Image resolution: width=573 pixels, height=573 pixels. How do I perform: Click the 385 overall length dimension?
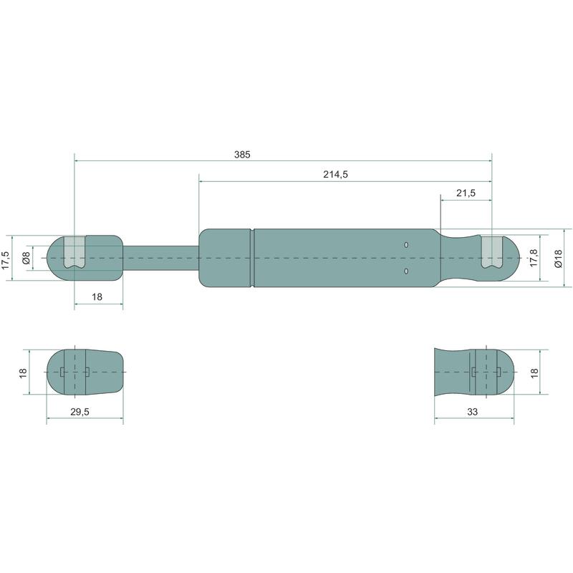coord(242,155)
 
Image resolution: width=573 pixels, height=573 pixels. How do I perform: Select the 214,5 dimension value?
coord(335,175)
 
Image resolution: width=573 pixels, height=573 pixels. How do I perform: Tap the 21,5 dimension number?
coord(466,193)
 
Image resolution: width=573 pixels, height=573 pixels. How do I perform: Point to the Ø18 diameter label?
coord(558,259)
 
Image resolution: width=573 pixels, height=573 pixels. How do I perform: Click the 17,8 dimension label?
coord(534,258)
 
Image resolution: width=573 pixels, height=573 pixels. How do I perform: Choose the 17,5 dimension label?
coord(6,260)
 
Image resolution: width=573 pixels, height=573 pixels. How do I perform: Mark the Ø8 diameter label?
coord(26,258)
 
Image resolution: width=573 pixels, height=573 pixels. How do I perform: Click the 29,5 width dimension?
coord(80,412)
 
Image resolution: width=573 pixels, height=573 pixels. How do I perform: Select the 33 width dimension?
coord(472,412)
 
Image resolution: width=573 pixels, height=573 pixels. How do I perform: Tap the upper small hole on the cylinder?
coord(406,245)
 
